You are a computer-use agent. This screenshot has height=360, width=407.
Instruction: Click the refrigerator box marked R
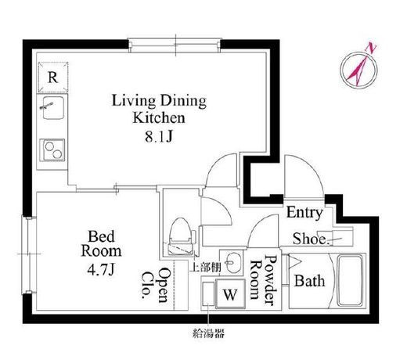[x=53, y=77]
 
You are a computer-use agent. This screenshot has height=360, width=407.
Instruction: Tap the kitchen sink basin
[x=53, y=108]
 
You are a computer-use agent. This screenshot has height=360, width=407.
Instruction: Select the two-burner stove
[x=52, y=150]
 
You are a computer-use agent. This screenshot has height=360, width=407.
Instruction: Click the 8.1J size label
[x=159, y=136]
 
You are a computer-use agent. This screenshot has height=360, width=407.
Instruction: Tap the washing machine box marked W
[x=230, y=293]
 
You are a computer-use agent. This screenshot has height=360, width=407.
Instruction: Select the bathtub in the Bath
[x=350, y=280]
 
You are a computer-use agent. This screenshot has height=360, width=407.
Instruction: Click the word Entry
[x=304, y=213]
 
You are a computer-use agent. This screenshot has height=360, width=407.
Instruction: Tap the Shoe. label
[x=310, y=239]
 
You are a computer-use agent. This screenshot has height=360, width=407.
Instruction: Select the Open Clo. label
[x=154, y=286]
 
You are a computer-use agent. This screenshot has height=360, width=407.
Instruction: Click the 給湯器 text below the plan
[x=208, y=333]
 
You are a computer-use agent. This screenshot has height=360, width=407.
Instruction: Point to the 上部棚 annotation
[x=207, y=267]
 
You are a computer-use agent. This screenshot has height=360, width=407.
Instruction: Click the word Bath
[x=310, y=281]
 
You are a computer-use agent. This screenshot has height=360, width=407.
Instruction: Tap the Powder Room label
[x=263, y=280]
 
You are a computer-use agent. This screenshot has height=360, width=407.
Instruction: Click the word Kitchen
[x=159, y=118]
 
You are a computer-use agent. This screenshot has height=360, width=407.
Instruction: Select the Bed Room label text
[x=101, y=243]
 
